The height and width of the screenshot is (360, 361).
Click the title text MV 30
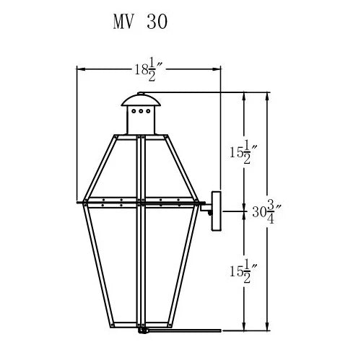140,22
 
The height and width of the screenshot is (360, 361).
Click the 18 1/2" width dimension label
149,69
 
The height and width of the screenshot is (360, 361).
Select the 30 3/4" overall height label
266,211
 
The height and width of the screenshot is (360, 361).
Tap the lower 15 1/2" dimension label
243,271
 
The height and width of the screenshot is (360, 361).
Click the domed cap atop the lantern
141,100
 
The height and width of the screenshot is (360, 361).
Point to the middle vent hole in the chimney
141,111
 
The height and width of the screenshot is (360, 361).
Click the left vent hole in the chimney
134,111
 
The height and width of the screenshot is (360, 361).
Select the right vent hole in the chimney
148,111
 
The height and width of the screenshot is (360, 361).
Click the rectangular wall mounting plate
216,211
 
